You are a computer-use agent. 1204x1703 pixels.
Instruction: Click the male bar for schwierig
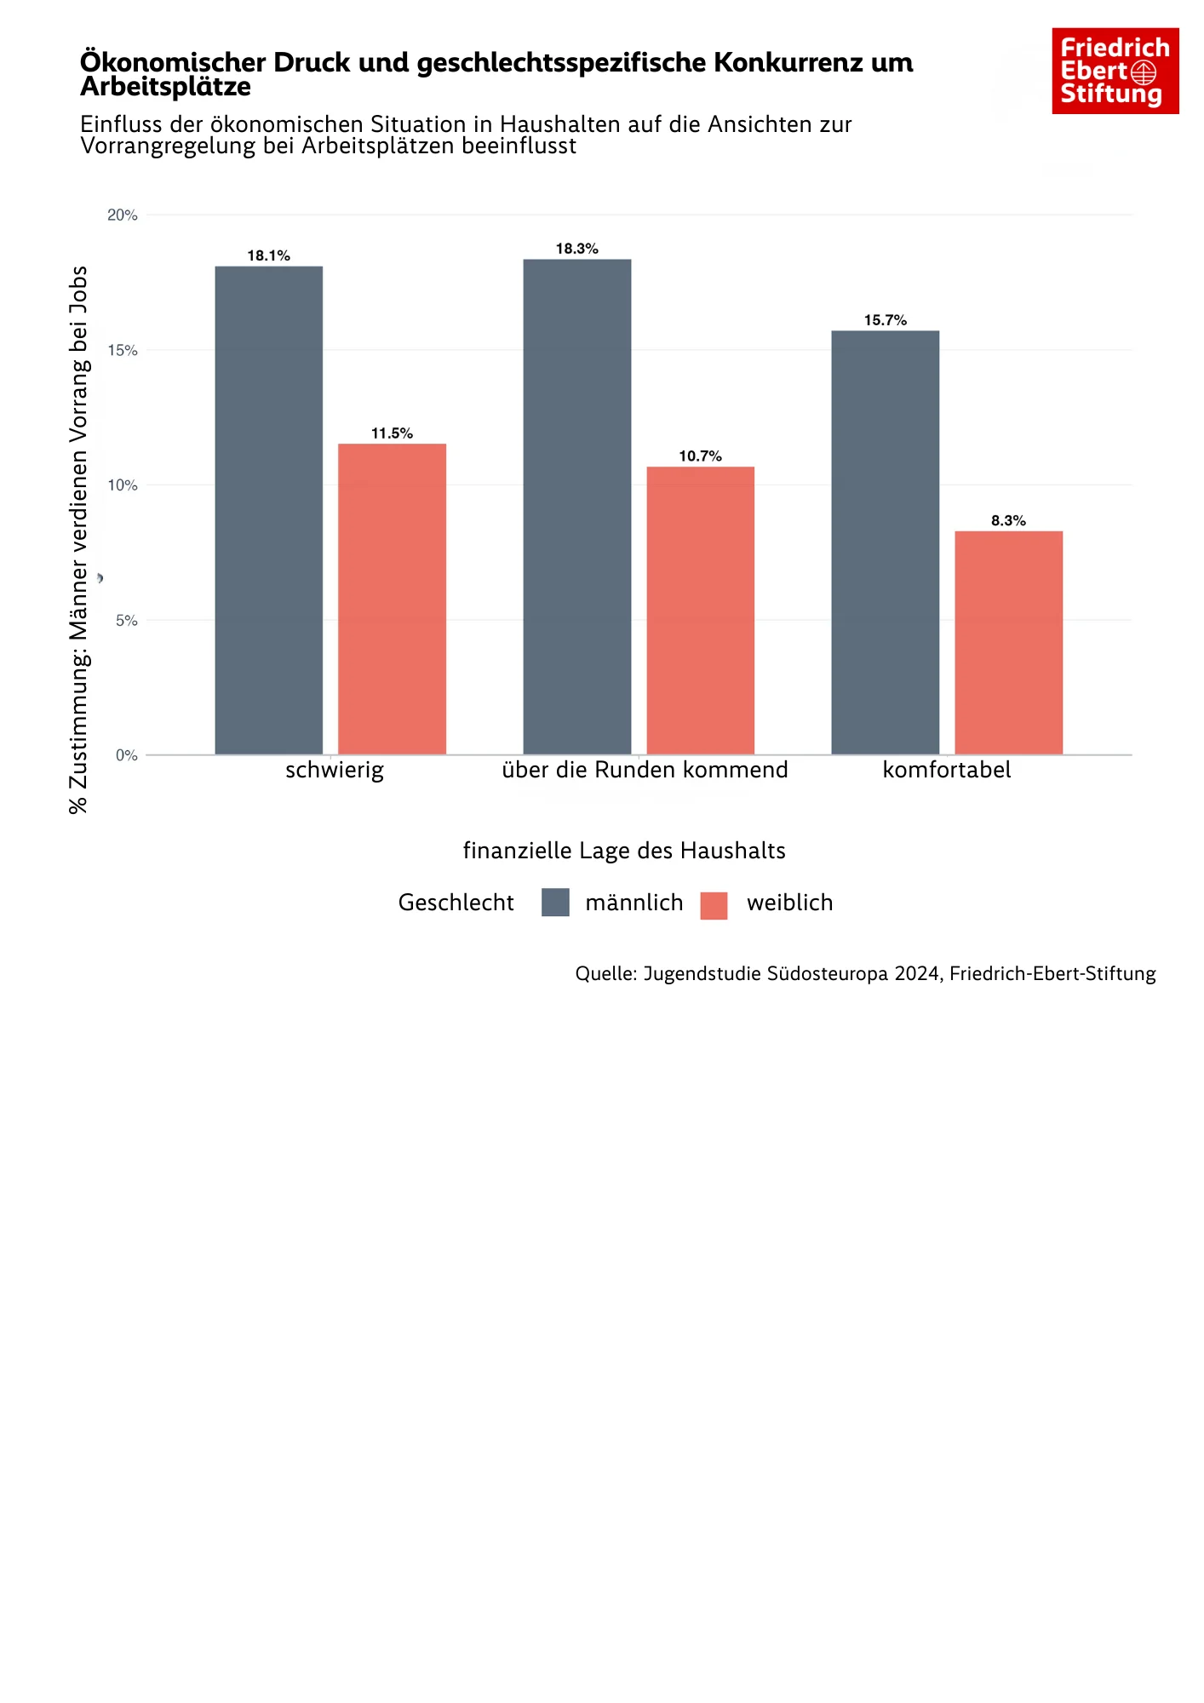pyautogui.click(x=268, y=510)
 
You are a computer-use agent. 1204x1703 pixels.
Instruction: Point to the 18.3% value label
pyautogui.click(x=576, y=249)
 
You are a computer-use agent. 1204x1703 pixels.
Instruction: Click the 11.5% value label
pyautogui.click(x=392, y=433)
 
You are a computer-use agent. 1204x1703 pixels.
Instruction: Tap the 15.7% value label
pyautogui.click(x=885, y=320)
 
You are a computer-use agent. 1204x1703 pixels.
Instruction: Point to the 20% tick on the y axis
pyautogui.click(x=122, y=215)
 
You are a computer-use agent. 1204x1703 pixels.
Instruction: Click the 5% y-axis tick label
pyautogui.click(x=126, y=621)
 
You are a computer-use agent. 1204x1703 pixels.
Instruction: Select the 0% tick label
pyautogui.click(x=126, y=755)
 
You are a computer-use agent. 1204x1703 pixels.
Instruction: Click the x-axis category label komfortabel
pyautogui.click(x=946, y=771)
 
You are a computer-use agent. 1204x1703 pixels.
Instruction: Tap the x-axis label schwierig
pyautogui.click(x=334, y=771)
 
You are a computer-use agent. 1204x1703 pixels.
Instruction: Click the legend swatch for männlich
pyautogui.click(x=555, y=903)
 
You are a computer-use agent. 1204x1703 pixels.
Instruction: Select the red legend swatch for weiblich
pyautogui.click(x=714, y=905)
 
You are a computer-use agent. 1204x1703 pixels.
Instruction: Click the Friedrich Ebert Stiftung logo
pyautogui.click(x=1115, y=71)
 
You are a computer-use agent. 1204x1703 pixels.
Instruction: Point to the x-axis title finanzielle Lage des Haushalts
pyautogui.click(x=623, y=851)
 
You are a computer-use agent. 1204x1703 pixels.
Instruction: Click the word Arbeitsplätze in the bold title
pyautogui.click(x=165, y=87)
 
